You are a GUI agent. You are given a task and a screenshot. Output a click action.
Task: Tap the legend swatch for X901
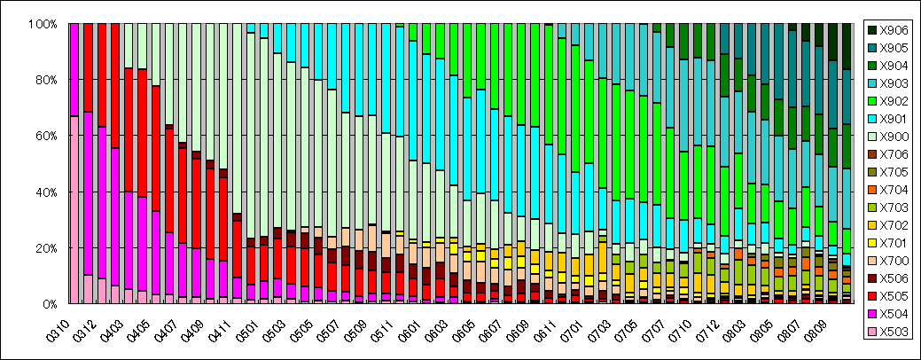(871, 119)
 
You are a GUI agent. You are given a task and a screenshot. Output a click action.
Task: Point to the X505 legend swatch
(871, 297)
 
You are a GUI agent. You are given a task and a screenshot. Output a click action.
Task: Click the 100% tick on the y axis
(43, 24)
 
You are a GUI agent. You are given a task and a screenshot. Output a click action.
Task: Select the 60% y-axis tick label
(46, 136)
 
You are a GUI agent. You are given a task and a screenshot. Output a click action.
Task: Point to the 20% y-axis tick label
(46, 247)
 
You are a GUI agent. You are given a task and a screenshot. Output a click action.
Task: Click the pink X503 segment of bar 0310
(74, 209)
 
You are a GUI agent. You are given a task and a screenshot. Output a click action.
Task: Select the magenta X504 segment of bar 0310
(74, 70)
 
